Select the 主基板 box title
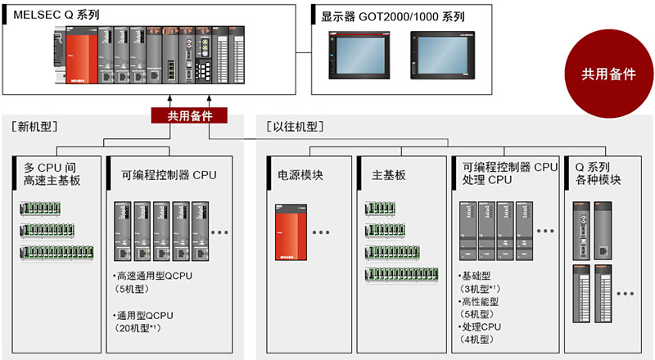pyautogui.click(x=389, y=175)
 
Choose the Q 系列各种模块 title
pyautogui.click(x=597, y=174)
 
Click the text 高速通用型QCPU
pyautogui.click(x=153, y=276)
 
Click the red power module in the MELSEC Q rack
pyautogui.click(x=79, y=58)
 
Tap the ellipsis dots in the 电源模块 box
pyautogui.click(x=320, y=232)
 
